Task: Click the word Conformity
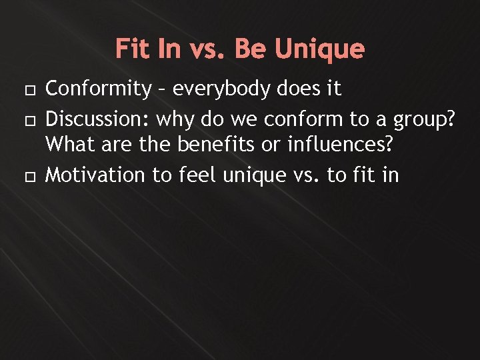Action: tap(99, 89)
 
